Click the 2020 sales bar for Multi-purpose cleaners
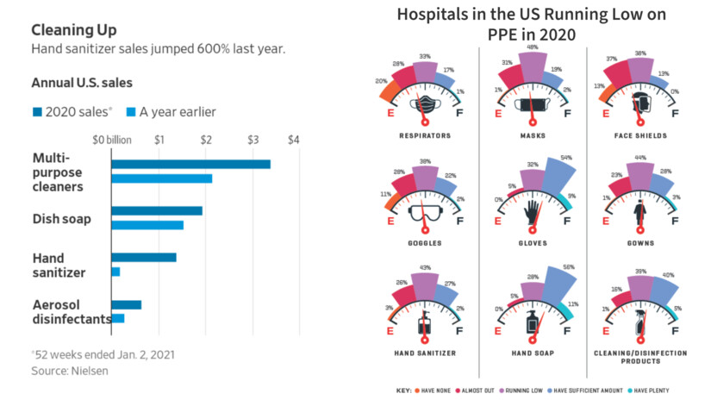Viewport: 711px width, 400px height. pyautogui.click(x=190, y=165)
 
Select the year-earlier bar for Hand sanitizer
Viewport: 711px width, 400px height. pyautogui.click(x=115, y=272)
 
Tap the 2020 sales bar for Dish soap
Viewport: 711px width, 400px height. pyautogui.click(x=157, y=211)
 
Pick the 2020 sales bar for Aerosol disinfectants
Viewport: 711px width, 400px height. pyautogui.click(x=126, y=304)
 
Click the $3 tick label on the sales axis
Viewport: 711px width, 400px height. pyautogui.click(x=252, y=140)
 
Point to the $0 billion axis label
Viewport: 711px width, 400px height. pyautogui.click(x=111, y=140)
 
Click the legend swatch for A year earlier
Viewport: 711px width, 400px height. pyautogui.click(x=132, y=112)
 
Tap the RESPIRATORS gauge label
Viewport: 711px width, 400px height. pyautogui.click(x=425, y=135)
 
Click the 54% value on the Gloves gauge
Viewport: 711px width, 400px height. pyautogui.click(x=567, y=158)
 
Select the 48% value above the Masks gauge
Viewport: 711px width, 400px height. pyautogui.click(x=532, y=47)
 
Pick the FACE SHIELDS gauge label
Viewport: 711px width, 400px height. pyautogui.click(x=639, y=135)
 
